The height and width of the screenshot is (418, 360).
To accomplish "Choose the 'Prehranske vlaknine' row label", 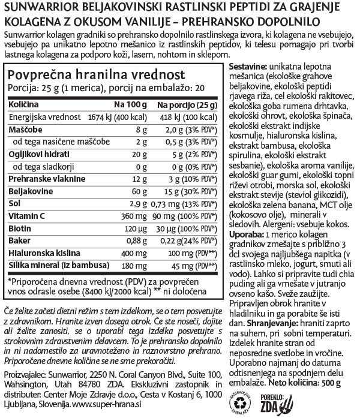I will point(40,179).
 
